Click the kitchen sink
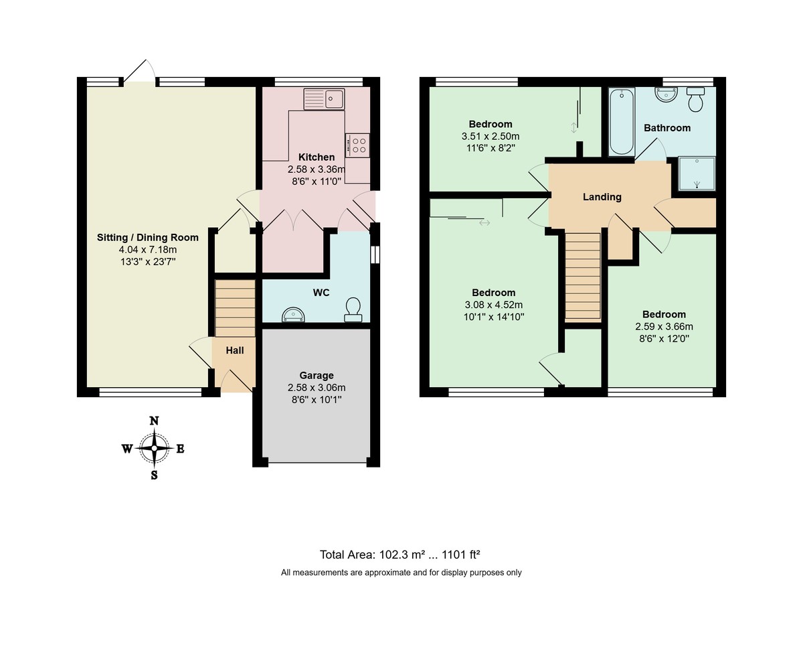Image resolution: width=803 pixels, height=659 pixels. (x=324, y=99)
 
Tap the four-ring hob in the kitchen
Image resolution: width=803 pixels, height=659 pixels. (x=357, y=145)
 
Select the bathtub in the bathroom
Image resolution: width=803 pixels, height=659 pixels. (x=622, y=122)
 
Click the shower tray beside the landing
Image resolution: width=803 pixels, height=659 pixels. (x=697, y=173)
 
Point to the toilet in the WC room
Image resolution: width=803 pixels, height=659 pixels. (x=353, y=309)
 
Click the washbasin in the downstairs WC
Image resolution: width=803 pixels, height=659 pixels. (x=293, y=315)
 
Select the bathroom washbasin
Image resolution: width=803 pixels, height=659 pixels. (x=666, y=94)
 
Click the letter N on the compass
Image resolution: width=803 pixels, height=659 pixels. (x=154, y=421)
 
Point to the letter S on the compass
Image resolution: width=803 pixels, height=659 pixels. (x=154, y=475)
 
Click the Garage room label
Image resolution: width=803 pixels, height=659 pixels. (x=317, y=376)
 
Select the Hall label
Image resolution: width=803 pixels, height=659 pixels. (x=234, y=350)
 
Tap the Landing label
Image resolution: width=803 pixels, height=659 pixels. (x=602, y=197)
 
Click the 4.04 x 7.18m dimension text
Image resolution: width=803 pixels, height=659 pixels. (x=148, y=250)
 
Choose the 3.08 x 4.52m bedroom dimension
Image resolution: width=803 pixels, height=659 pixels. (x=493, y=305)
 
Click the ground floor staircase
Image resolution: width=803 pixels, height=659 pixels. (x=235, y=308)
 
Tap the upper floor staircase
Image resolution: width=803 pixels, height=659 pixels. (x=583, y=276)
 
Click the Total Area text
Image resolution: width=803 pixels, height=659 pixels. (x=399, y=555)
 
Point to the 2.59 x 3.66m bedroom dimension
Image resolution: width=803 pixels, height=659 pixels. (x=664, y=327)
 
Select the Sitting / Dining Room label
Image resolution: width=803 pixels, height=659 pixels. (x=148, y=238)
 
